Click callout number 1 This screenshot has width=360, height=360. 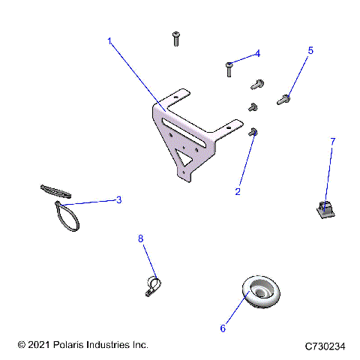(109, 42)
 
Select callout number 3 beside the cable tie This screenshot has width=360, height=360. (118, 200)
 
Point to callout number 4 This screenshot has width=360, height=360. (257, 53)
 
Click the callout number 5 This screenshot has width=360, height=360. (310, 50)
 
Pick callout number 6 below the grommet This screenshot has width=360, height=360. (222, 328)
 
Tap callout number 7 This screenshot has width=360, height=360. (332, 141)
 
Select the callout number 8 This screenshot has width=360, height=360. (139, 238)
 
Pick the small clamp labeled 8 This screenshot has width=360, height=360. (152, 286)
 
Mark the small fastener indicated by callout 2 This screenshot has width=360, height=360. (253, 132)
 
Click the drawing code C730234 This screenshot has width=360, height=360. (325, 346)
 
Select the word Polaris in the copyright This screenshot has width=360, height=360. (73, 345)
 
